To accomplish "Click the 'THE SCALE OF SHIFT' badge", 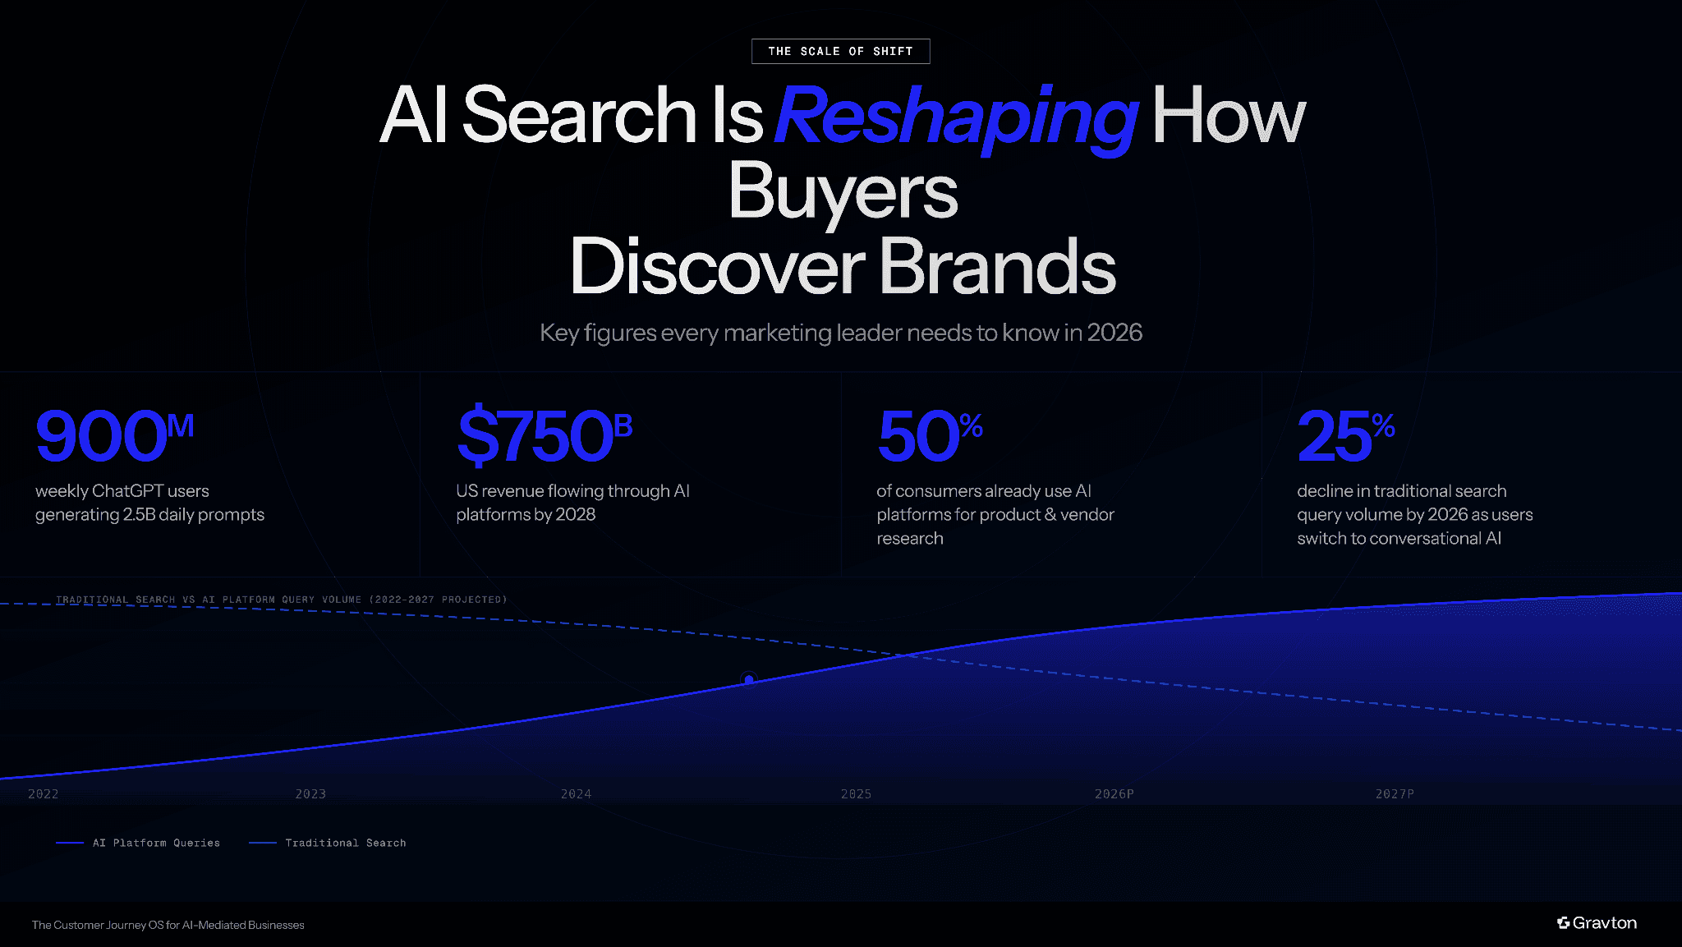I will [840, 51].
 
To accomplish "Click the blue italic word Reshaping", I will [955, 117].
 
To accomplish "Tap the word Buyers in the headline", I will [843, 192].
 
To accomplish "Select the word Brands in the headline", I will [997, 267].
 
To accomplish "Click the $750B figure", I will [545, 435].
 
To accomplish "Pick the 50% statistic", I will [930, 435].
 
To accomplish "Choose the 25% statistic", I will [1345, 435].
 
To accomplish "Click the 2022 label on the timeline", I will [44, 794].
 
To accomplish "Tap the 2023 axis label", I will [310, 794].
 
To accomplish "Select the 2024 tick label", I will [576, 794].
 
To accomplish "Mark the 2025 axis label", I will [856, 794].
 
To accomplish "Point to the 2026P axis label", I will [1114, 794].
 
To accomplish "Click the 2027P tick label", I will [1395, 794].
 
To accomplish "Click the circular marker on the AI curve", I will [748, 679].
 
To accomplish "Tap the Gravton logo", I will [1597, 923].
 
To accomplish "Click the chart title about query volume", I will [281, 600].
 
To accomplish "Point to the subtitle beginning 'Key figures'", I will [840, 333].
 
